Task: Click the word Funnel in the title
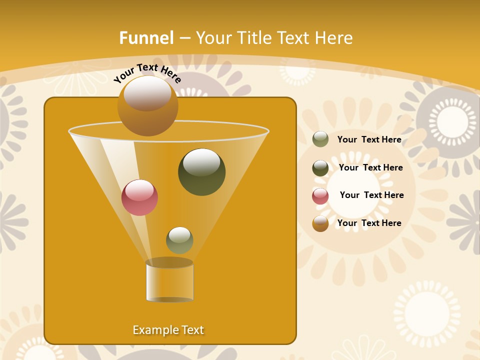click(x=146, y=38)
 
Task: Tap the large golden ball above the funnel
click(x=147, y=106)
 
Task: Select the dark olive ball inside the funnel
click(x=201, y=172)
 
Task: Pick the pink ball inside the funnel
click(x=139, y=197)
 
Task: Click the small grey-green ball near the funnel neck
click(x=179, y=240)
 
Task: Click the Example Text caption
click(x=168, y=330)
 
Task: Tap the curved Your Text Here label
click(x=147, y=73)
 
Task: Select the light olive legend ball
click(x=320, y=139)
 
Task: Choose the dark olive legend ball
click(x=320, y=167)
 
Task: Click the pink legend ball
click(x=320, y=195)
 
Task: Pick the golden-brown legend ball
click(x=320, y=223)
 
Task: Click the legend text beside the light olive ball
click(x=369, y=139)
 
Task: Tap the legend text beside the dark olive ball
click(x=370, y=167)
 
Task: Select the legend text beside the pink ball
click(x=371, y=195)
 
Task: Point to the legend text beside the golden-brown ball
click(x=369, y=223)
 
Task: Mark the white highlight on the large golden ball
click(x=147, y=93)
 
